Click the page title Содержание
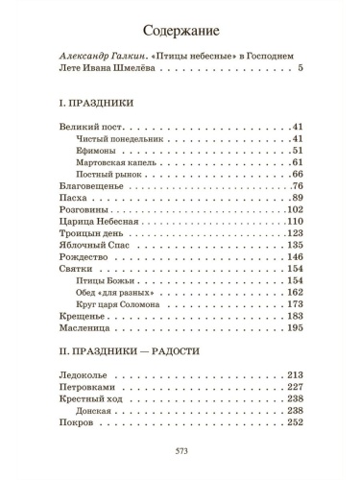[180, 29]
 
